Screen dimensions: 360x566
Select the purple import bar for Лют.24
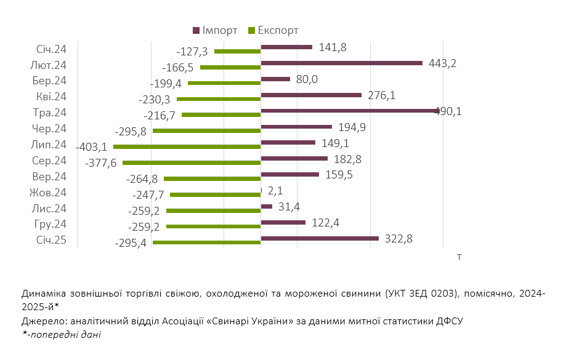[342, 63]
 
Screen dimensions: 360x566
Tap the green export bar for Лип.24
[187, 146]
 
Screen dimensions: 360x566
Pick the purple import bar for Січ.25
[320, 238]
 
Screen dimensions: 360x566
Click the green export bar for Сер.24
[192, 162]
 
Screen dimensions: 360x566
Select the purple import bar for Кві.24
[311, 95]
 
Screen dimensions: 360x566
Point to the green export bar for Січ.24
[237, 51]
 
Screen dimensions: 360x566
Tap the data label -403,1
[91, 147]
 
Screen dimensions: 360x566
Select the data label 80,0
[306, 79]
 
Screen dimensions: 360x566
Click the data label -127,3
[192, 52]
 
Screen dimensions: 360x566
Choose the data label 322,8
[399, 239]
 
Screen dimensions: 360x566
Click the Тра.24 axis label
[50, 113]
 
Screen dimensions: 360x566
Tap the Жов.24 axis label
[48, 193]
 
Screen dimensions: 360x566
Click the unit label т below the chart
[459, 256]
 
